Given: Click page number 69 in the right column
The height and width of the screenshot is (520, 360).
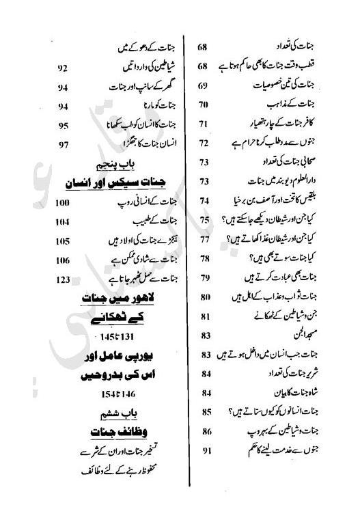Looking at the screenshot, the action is coord(203,86).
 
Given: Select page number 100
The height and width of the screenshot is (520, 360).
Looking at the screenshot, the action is coord(63,203).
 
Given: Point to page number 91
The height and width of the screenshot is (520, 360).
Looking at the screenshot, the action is coord(204,451).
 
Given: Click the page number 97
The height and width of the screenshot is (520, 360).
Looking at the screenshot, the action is coord(64,145).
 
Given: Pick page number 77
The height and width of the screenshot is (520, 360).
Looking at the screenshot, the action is coord(204,240).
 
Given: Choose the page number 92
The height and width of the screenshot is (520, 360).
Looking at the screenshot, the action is coord(62,68).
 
